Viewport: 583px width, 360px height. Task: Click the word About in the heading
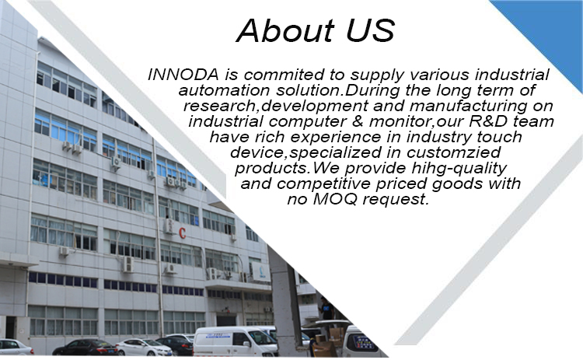pyautogui.click(x=285, y=30)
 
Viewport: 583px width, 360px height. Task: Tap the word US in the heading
pyautogui.click(x=370, y=30)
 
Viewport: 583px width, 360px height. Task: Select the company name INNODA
pyautogui.click(x=183, y=75)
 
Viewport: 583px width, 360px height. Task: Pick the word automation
pyautogui.click(x=224, y=90)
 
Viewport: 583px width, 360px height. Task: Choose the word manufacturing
pyautogui.click(x=469, y=107)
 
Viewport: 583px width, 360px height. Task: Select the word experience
pyautogui.click(x=336, y=138)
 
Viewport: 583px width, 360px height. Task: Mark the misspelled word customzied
pyautogui.click(x=454, y=152)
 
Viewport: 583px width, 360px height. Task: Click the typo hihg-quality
pyautogui.click(x=459, y=169)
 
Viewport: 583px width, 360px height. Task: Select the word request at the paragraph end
pyautogui.click(x=396, y=200)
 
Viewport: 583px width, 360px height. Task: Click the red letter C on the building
pyautogui.click(x=182, y=233)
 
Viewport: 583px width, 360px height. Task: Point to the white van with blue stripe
pyautogui.click(x=235, y=342)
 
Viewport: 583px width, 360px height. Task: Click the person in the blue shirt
pyautogui.click(x=326, y=309)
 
